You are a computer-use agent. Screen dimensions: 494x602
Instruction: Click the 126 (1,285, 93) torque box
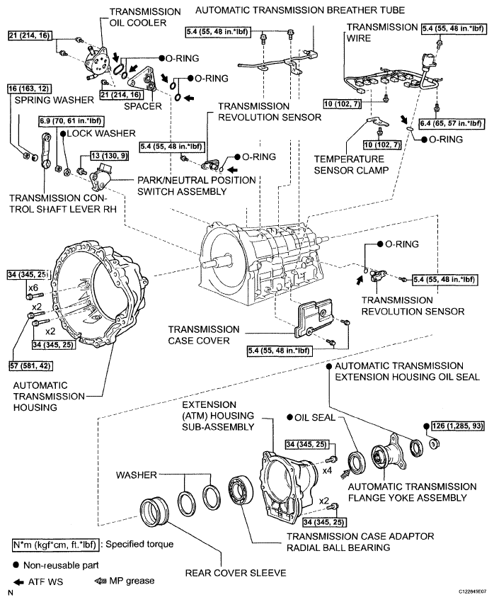click(457, 426)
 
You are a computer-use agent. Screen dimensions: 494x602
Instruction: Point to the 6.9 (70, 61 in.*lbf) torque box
click(71, 121)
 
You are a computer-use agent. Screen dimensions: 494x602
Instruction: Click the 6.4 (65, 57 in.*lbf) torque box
click(450, 124)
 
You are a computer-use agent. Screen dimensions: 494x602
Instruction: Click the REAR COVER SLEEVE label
click(236, 573)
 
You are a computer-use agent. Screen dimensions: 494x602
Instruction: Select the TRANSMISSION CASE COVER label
click(204, 335)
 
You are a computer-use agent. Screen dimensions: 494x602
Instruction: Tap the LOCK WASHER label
click(101, 133)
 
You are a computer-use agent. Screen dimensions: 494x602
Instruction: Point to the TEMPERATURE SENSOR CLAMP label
click(351, 165)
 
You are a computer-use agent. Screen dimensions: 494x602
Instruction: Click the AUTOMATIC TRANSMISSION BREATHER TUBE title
click(300, 10)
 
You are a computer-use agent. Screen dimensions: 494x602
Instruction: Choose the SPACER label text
click(143, 106)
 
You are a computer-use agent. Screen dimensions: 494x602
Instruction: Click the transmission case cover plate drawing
click(314, 319)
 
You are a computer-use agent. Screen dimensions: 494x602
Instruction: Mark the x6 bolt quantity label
click(33, 288)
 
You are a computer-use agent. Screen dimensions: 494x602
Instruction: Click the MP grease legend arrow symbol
click(100, 581)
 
